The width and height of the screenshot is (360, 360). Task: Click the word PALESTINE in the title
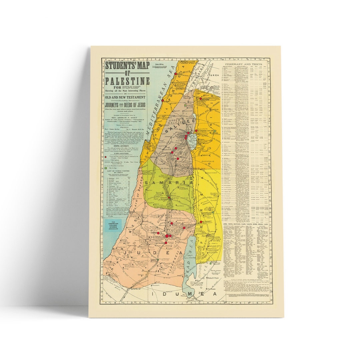pyautogui.click(x=127, y=81)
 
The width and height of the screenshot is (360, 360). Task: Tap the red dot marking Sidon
pyautogui.click(x=175, y=74)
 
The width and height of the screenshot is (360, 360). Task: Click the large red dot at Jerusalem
pyautogui.click(x=167, y=236)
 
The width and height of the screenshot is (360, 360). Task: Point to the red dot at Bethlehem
pyautogui.click(x=166, y=243)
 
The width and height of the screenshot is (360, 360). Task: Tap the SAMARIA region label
pyautogui.click(x=169, y=183)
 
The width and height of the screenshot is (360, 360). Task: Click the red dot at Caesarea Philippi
pyautogui.click(x=200, y=99)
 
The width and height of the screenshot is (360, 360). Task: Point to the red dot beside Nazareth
pyautogui.click(x=172, y=153)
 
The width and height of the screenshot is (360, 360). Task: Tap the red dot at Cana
pyautogui.click(x=176, y=148)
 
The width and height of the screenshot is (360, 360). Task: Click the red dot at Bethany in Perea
pyautogui.click(x=201, y=222)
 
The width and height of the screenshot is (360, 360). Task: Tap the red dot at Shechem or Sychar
pyautogui.click(x=169, y=198)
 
